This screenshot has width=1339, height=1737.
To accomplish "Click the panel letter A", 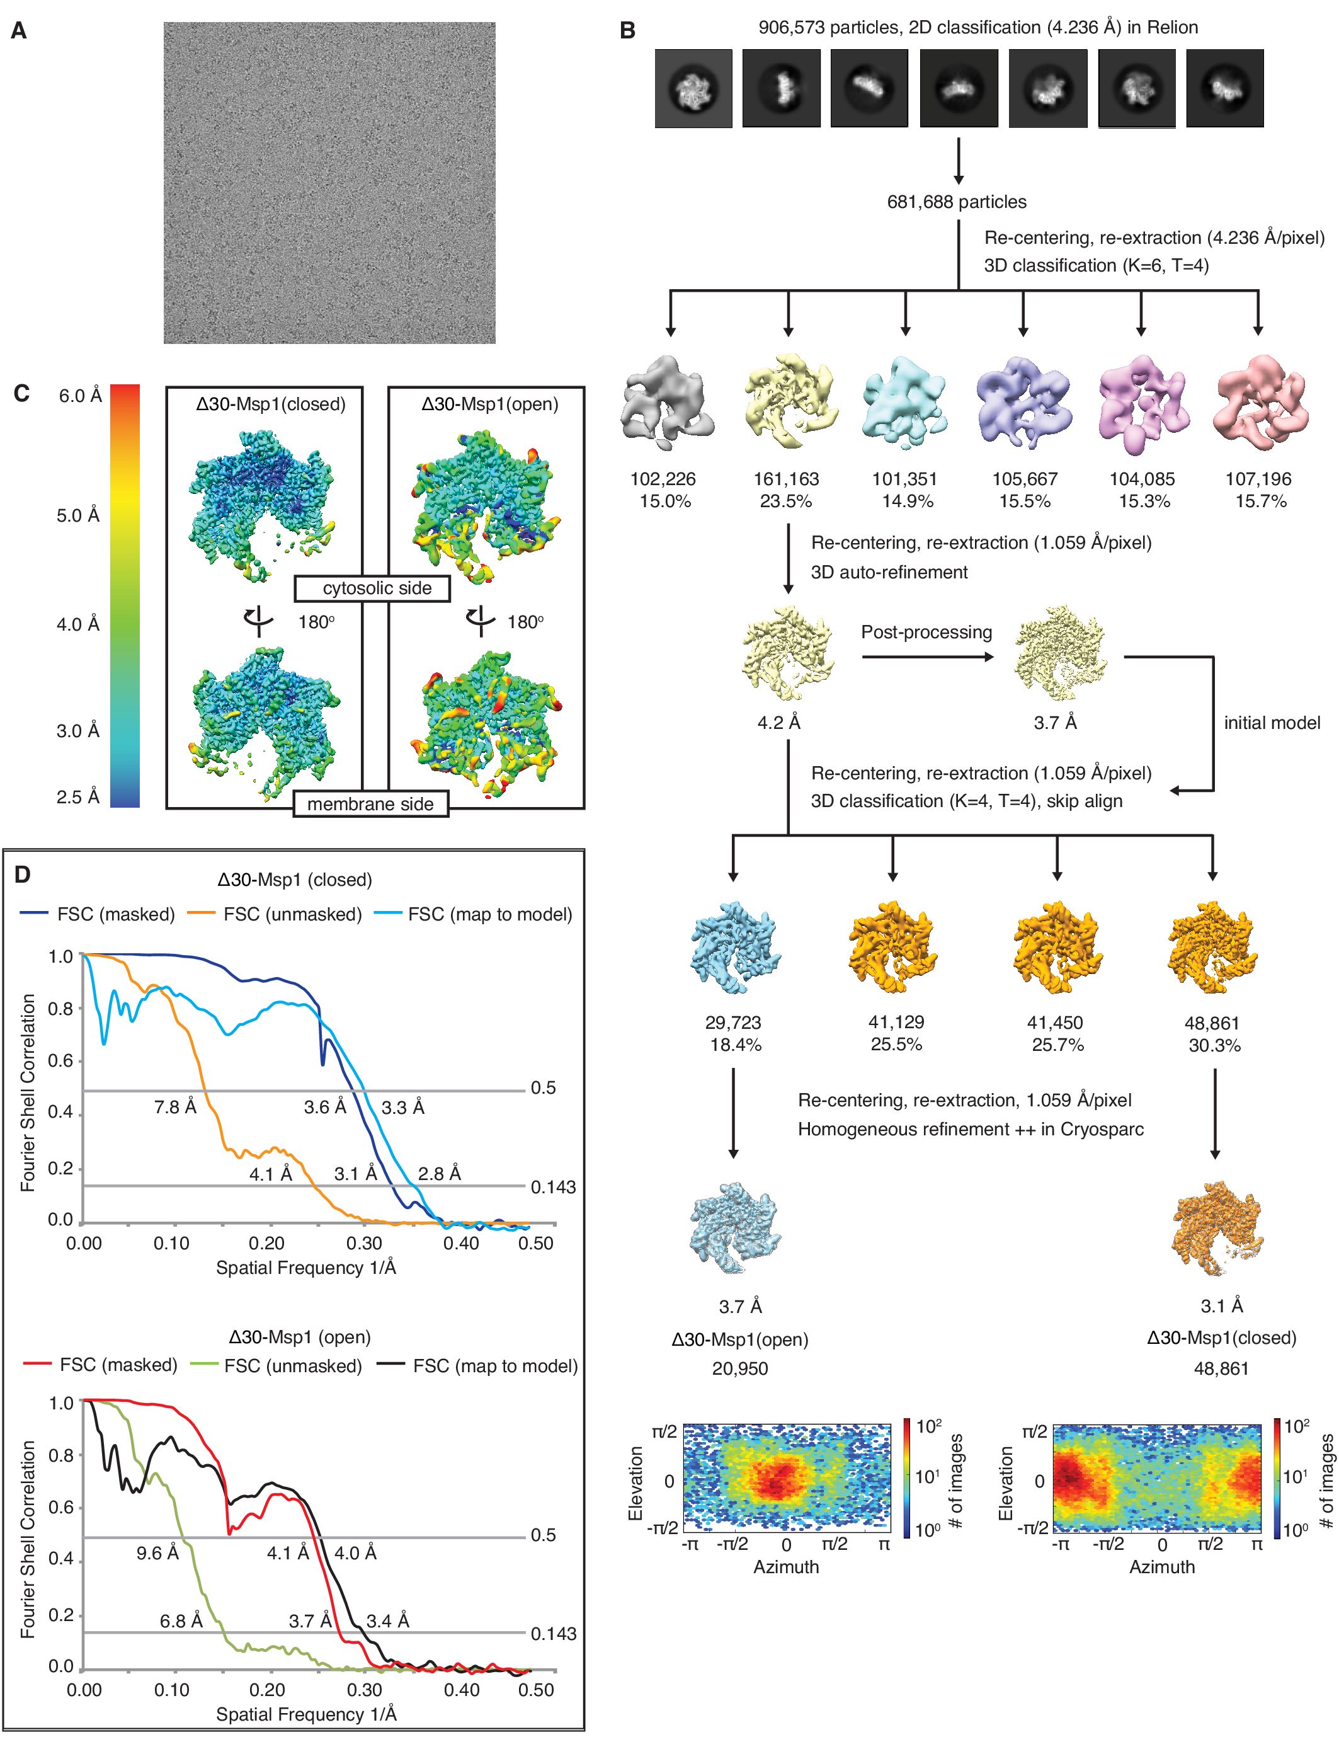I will coord(18,31).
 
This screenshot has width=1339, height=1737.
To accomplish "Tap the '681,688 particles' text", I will coord(957,202).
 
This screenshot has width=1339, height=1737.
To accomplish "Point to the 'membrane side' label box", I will coord(370,804).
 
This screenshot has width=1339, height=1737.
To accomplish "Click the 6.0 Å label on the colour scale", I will coord(79,396).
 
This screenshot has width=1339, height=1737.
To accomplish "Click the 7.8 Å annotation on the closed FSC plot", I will coord(175,1107).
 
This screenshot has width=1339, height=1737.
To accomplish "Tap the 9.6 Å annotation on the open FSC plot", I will coord(157,1553).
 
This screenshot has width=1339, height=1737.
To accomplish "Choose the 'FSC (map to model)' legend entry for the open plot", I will coord(494,1367).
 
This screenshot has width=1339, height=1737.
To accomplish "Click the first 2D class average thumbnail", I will coord(693,88).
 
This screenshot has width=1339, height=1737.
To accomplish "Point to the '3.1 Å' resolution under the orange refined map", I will coord(1221,1306).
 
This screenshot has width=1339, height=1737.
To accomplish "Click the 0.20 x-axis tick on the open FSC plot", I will coord(267,1690).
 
